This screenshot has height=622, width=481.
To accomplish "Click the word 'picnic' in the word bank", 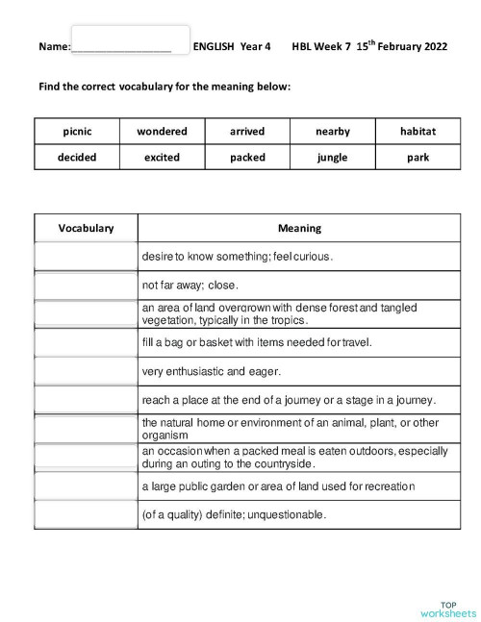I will tap(77, 131).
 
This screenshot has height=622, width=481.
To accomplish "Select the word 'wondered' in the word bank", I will tap(162, 131).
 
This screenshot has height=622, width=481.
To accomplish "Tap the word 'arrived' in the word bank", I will tap(247, 131).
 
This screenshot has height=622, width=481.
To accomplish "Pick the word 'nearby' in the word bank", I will tap(333, 131).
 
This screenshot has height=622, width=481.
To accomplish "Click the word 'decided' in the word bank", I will tap(77, 157).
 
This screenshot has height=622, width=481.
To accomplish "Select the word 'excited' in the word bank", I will tap(162, 157).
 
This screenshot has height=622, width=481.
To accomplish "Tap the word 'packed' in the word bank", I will tap(247, 157).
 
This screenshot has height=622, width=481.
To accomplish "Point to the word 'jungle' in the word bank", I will tap(333, 157).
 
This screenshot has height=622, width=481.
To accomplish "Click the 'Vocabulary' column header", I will tap(86, 228).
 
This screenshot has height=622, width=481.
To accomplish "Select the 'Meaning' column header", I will tap(299, 228).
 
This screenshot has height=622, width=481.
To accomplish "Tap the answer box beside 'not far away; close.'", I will tap(86, 286).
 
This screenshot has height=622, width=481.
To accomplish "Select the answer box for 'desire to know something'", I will tap(86, 257).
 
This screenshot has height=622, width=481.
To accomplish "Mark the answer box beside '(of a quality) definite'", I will tap(86, 514).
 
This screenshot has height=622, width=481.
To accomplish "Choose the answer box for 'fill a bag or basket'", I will tap(86, 342).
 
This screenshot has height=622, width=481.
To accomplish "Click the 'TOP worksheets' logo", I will tap(447, 608).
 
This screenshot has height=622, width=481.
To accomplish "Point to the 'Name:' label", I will tap(55, 46).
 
